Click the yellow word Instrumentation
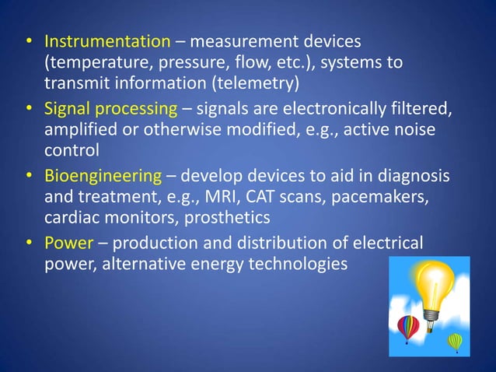coord(107,40)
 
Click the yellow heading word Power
coord(68,244)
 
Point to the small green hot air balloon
coord(455,340)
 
